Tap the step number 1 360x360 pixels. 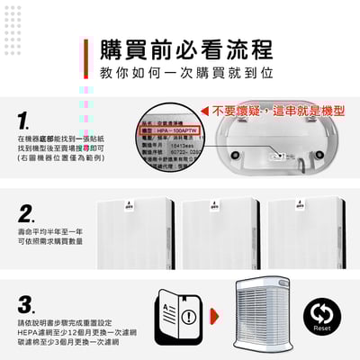pos(26,120)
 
